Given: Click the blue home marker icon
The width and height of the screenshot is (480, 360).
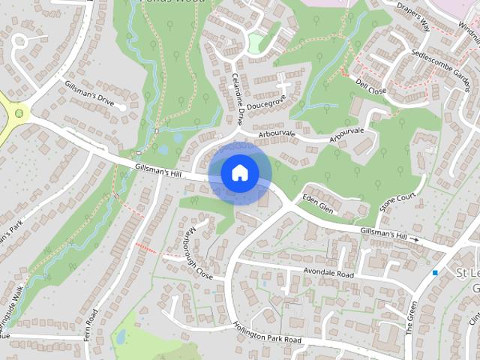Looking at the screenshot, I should pyautogui.click(x=238, y=173).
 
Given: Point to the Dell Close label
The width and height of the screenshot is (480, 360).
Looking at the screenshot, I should pyautogui.click(x=370, y=82).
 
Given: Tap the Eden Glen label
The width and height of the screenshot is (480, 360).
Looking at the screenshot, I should pyautogui.click(x=316, y=202).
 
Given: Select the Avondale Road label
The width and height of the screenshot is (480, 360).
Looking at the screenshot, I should pyautogui.click(x=328, y=272).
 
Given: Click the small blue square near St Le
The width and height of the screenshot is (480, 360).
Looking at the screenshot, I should pyautogui.click(x=435, y=272).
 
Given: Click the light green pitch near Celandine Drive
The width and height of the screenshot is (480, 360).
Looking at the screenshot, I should pyautogui.click(x=256, y=43).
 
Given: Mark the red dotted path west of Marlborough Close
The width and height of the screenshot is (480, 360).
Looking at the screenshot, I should pyautogui.click(x=148, y=247).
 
